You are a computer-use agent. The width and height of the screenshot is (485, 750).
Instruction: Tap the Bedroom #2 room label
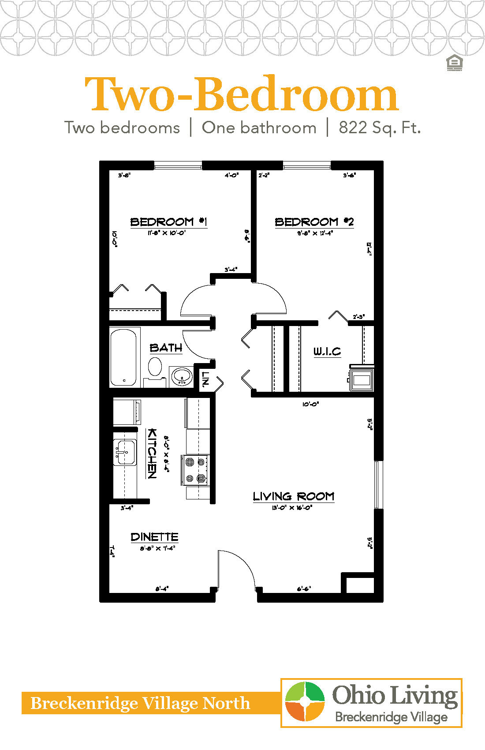[x=314, y=221]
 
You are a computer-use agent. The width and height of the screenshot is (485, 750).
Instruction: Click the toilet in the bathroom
[x=155, y=367]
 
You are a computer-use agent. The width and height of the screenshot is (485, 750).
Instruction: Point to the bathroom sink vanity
[x=182, y=376]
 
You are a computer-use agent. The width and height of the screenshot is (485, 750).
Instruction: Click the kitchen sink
[x=124, y=452]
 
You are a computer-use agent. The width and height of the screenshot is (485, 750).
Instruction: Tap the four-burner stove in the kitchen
[x=195, y=470]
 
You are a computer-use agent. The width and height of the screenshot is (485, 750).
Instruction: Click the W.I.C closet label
[x=327, y=352]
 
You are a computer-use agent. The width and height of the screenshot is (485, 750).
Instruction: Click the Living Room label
[x=293, y=496]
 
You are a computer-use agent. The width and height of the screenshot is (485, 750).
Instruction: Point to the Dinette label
[x=154, y=537]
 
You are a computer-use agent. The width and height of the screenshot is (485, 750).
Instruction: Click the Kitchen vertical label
[x=152, y=453]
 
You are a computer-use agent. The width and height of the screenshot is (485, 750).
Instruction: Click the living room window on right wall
[x=377, y=484]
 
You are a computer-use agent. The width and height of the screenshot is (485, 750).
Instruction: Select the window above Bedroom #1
[x=178, y=165]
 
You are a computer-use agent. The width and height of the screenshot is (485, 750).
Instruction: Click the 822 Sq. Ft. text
[x=379, y=128]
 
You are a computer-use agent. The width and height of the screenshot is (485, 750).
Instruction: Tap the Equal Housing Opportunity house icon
[x=454, y=63]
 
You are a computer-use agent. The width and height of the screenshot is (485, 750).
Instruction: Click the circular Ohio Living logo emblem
[x=304, y=702]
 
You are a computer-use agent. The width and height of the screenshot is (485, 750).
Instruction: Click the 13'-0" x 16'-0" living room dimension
[x=292, y=508]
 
